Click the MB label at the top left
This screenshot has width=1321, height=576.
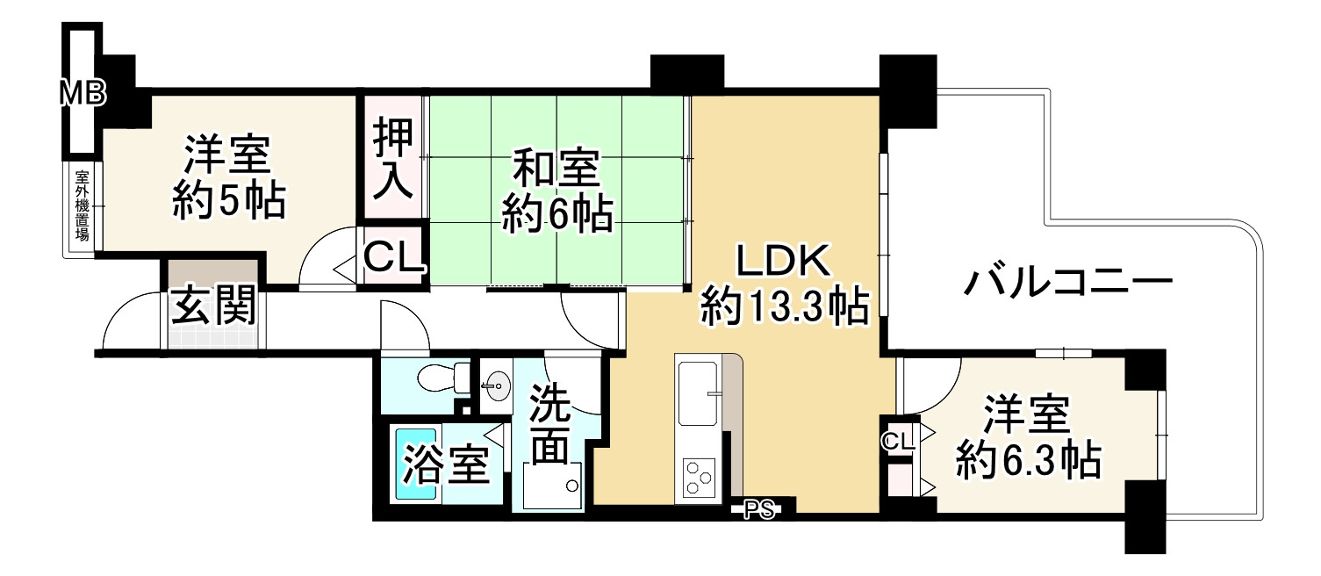pos(83,91)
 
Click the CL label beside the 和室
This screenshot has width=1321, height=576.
pos(394,257)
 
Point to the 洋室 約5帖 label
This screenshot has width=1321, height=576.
pos(227,178)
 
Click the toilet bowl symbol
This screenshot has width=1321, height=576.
pos(438,379)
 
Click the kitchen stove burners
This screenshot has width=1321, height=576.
pos(699,478)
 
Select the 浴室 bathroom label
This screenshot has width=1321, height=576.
pos(445,466)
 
